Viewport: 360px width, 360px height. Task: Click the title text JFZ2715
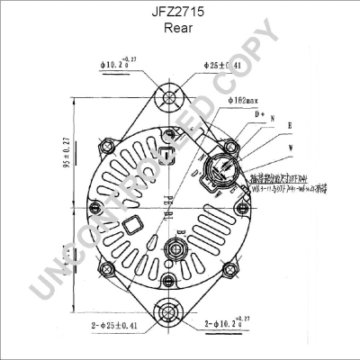point(181,13)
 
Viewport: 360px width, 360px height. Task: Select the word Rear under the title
point(181,29)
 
